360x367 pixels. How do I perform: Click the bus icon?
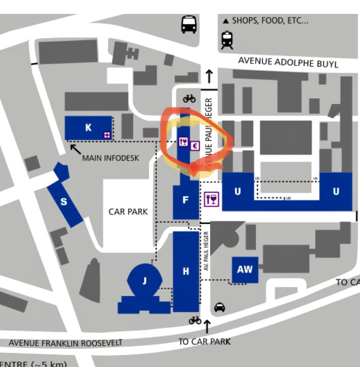189,24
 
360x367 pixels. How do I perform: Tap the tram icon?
227,40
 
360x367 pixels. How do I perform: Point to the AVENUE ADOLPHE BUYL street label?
288,62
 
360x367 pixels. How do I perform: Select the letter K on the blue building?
88,127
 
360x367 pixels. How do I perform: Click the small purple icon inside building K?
107,135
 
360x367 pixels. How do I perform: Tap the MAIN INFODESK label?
110,158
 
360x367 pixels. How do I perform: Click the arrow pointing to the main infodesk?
75,149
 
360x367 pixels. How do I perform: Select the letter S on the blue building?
64,202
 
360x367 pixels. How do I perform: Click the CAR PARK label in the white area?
128,212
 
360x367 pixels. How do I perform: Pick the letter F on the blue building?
186,200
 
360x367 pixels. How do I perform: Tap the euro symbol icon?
194,146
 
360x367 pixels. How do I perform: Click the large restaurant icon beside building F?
212,199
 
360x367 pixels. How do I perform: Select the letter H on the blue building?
186,271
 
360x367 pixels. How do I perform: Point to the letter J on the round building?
145,281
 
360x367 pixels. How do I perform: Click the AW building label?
245,269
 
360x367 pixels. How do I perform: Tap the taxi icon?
220,307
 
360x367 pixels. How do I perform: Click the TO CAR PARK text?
204,341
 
